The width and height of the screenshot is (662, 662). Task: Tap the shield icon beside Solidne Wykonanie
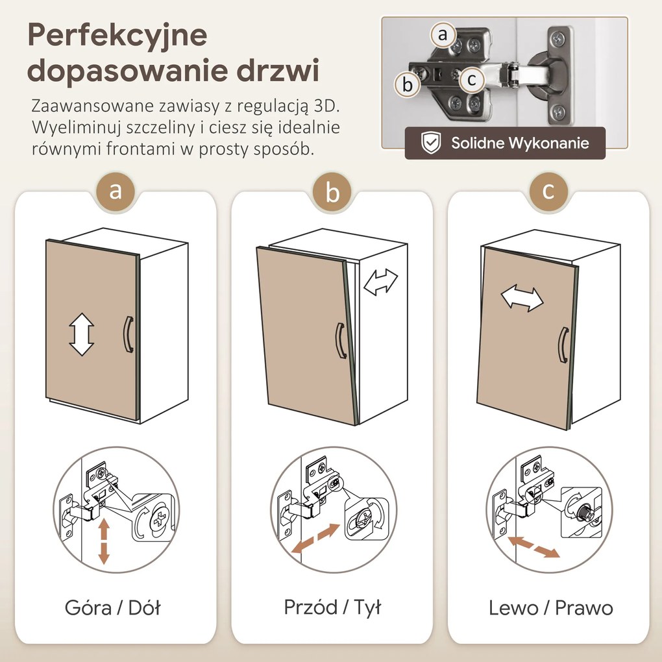click(x=430, y=143)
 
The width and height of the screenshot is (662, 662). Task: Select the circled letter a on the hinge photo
click(x=443, y=35)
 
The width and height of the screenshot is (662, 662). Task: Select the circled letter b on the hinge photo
click(x=408, y=84)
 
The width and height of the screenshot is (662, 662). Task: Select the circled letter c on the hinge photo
click(x=472, y=80)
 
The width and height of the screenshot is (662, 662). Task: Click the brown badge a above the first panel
click(x=116, y=191)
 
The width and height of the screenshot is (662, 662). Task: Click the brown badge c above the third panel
click(x=548, y=191)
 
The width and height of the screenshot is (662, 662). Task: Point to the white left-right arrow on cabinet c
click(x=522, y=298)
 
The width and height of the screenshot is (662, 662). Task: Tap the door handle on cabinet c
click(x=563, y=345)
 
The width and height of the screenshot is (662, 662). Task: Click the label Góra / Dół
click(x=112, y=608)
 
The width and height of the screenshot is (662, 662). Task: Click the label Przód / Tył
click(x=332, y=607)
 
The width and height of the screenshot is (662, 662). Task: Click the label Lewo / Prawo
click(x=550, y=608)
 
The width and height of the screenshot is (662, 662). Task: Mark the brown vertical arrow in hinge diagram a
click(x=103, y=544)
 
